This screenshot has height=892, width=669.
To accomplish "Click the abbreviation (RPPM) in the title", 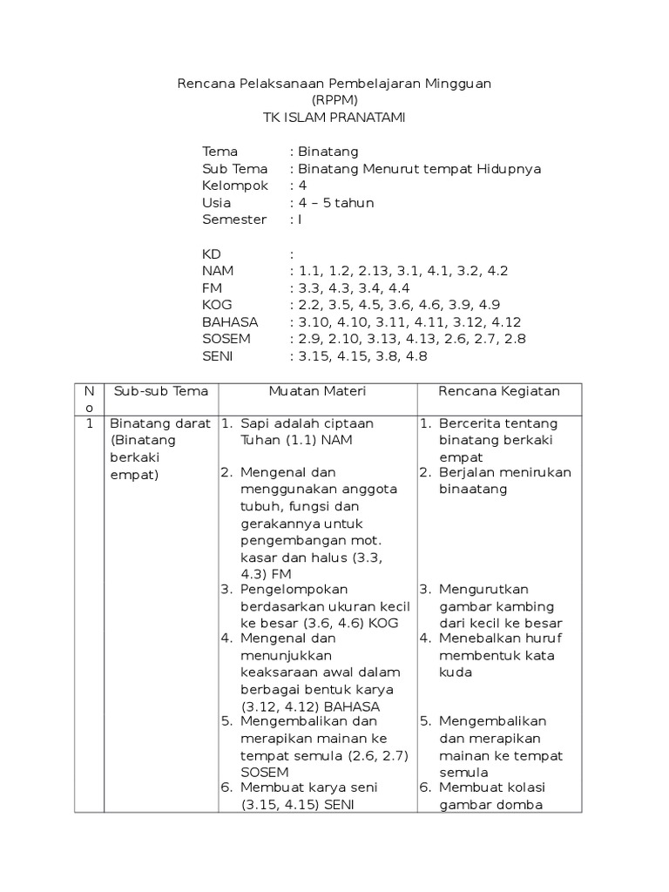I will click(334, 100).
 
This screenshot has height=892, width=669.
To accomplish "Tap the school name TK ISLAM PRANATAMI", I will click(334, 118).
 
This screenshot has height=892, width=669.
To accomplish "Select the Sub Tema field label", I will click(235, 169).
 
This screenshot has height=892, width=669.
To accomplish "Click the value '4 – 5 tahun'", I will click(336, 203).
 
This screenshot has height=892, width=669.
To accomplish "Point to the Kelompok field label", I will click(235, 186).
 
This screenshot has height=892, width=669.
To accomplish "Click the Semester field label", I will click(234, 220).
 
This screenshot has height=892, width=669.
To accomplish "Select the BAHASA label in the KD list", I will click(230, 321).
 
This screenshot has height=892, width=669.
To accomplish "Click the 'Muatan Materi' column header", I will click(317, 391).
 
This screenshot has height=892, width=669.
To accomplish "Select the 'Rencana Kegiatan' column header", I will click(498, 391).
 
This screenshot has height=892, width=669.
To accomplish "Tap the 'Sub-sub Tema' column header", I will click(161, 391).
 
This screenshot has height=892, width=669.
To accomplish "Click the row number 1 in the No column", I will click(89, 423).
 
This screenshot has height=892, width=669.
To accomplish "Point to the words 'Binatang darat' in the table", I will click(160, 423).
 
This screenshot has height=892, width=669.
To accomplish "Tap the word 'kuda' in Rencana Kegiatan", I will click(455, 672).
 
